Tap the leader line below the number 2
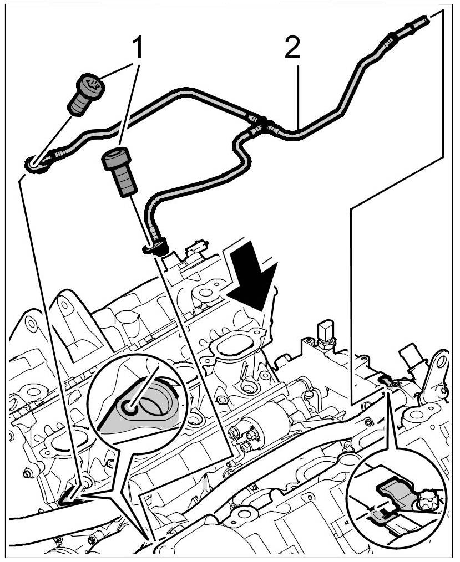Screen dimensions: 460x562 coord(298,94)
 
